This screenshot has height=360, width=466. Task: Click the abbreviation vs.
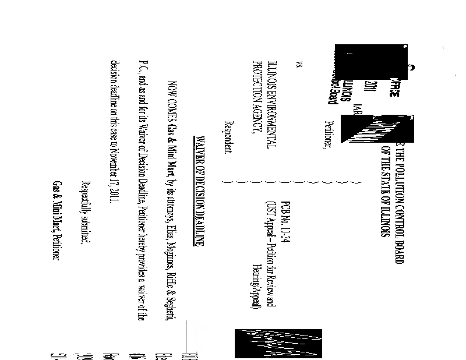pos(300,65)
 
